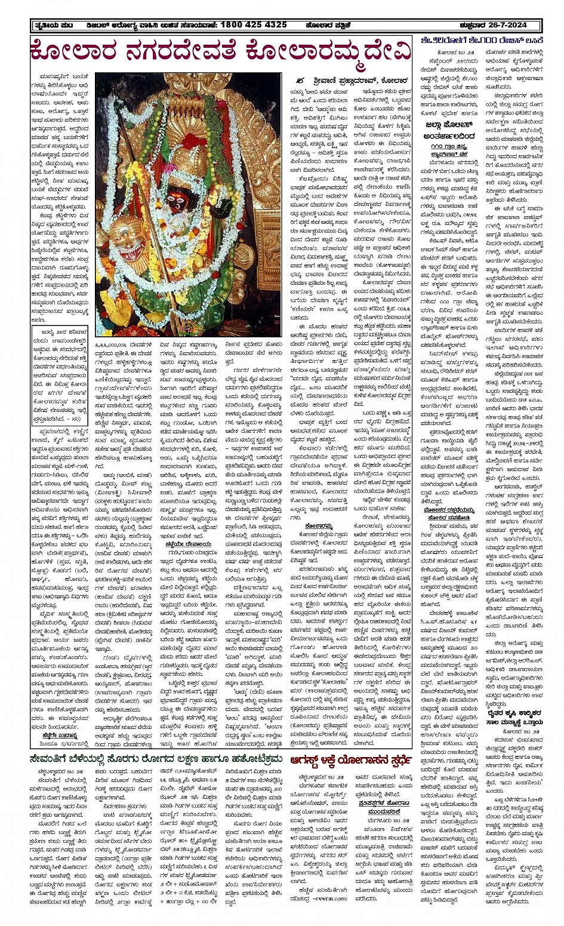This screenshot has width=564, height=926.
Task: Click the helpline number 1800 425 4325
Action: (x=253, y=25)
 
